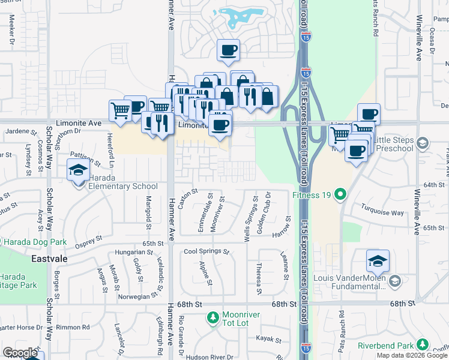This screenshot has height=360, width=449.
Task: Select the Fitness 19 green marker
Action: (341, 194)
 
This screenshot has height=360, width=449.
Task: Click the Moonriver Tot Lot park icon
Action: (212, 316)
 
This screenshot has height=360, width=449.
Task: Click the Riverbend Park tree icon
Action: (423, 344)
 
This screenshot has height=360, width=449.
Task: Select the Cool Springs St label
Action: (206, 251)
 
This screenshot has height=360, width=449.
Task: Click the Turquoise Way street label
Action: (382, 212)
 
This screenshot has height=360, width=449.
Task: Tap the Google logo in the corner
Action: (19, 353)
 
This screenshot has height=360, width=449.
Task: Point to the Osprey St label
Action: (89, 241)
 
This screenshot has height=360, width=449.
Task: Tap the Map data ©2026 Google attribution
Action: (411, 355)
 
